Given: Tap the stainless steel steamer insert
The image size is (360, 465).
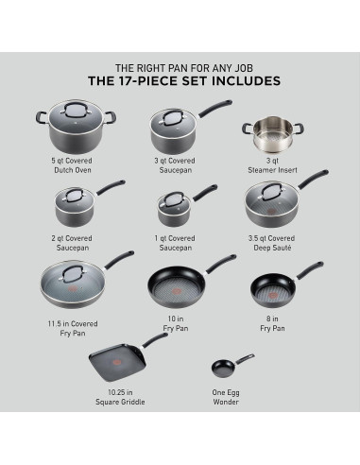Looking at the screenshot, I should (270, 136).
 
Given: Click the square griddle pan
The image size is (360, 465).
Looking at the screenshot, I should (115, 360).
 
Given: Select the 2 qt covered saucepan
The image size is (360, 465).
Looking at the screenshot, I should (75, 207).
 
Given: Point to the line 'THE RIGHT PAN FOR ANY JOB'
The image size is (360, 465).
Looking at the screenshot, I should (180, 67).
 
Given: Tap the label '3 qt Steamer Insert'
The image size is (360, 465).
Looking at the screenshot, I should (273, 165).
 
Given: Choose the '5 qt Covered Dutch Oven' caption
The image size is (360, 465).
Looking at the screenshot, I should (74, 165).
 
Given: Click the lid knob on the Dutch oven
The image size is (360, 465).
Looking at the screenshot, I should (75, 112).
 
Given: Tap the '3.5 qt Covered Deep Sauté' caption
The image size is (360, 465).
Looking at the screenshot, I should (274, 243).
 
